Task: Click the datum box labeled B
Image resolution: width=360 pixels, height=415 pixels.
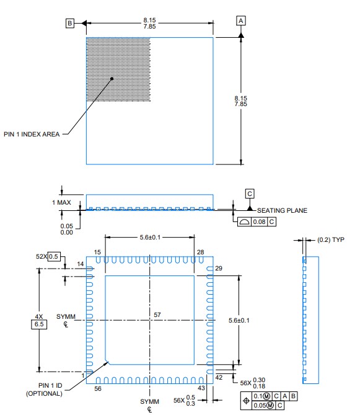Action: point(70,24)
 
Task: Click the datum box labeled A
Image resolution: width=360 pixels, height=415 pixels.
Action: point(241,20)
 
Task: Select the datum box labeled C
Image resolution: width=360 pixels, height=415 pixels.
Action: point(250,194)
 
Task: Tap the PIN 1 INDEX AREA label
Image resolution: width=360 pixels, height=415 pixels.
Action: point(32,134)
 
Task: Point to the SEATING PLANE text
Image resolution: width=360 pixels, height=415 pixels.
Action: point(282,210)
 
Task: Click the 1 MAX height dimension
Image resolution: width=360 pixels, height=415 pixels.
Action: point(61,202)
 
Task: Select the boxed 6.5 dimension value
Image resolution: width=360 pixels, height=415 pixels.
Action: point(39,324)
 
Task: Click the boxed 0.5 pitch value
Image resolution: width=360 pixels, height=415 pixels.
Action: point(54,256)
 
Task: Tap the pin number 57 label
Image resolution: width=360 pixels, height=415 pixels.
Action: point(157,315)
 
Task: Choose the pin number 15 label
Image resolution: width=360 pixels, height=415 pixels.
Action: point(97,252)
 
